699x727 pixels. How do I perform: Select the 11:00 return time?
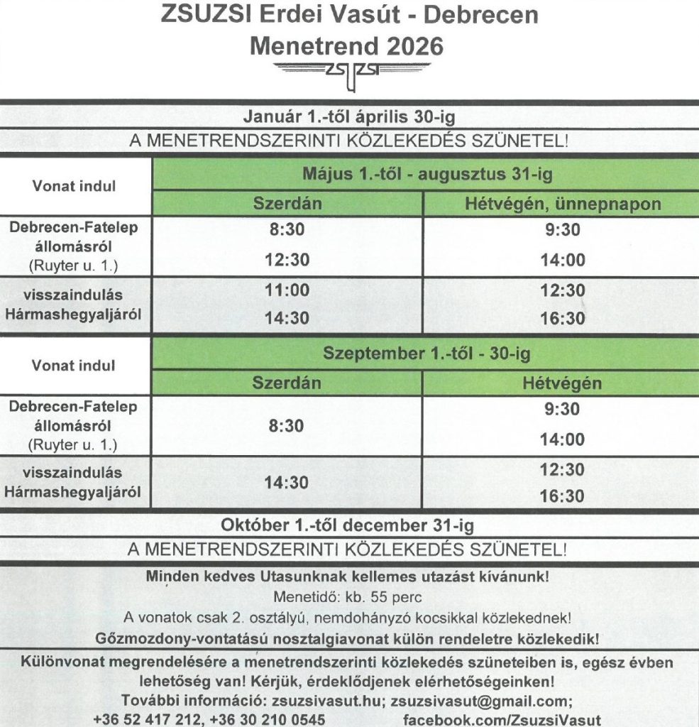[287, 290]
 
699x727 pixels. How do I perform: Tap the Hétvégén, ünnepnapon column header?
[562, 204]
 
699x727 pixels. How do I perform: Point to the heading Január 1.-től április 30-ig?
[348, 116]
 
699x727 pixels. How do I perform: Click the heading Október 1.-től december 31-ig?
[348, 526]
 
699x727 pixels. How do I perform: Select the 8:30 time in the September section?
[287, 426]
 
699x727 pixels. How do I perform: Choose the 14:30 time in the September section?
[287, 483]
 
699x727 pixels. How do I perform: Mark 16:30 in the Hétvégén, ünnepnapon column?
[562, 318]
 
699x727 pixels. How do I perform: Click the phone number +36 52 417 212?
[145, 719]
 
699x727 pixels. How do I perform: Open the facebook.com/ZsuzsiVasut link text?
[502, 719]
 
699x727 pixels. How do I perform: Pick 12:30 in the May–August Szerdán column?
[287, 261]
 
